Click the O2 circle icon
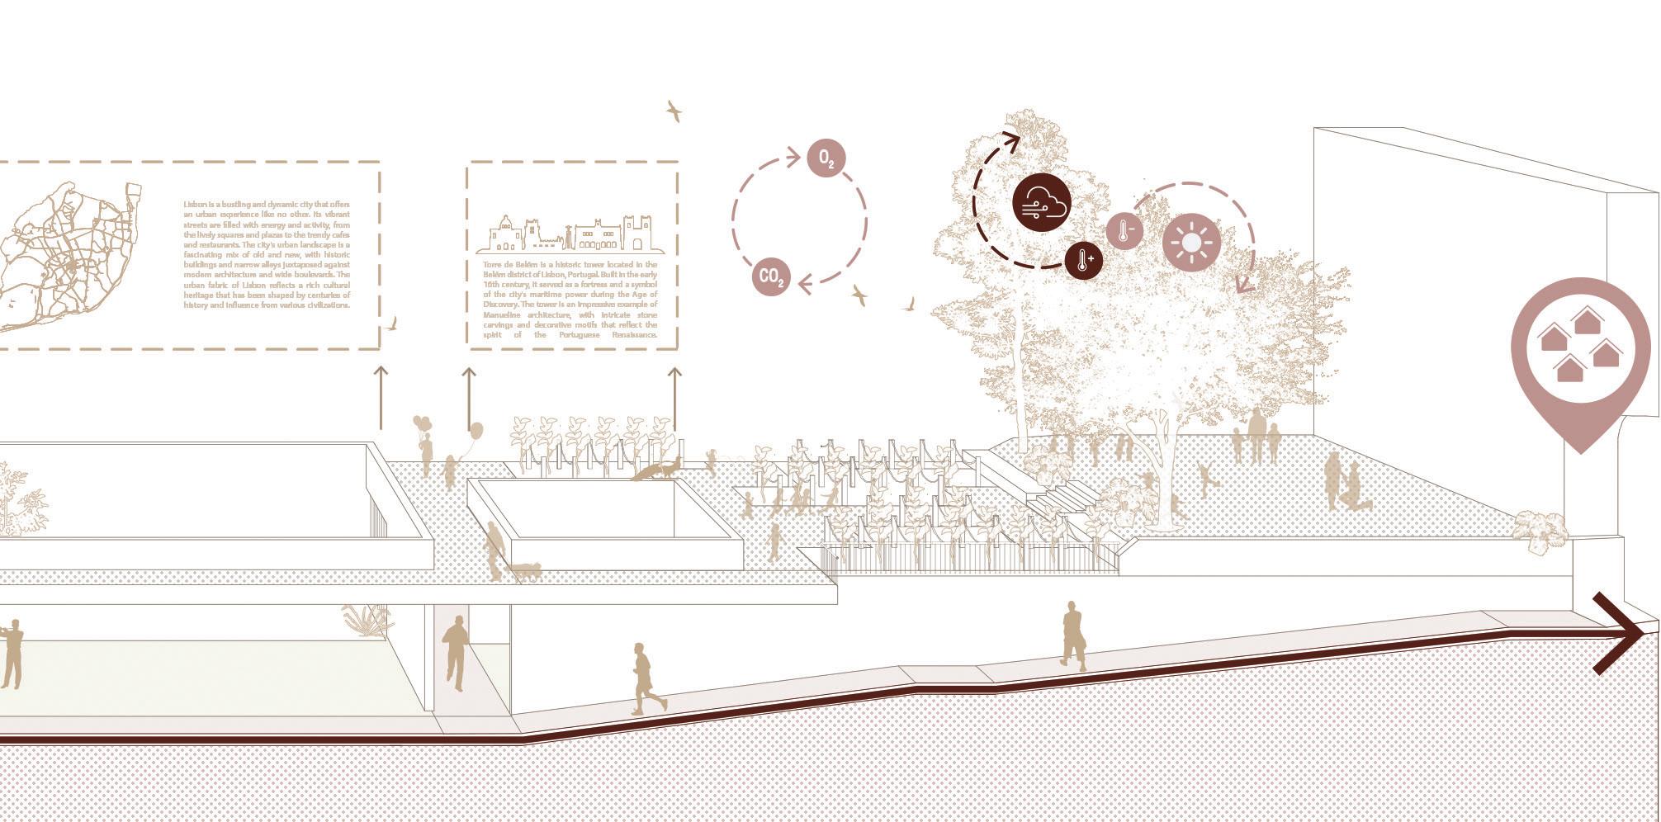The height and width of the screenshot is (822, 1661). [x=826, y=158]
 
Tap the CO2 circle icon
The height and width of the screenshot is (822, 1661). [x=771, y=276]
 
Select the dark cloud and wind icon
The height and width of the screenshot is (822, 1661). [x=1042, y=203]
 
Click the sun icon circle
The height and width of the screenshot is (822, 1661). [x=1191, y=243]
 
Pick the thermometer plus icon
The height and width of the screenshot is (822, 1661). [x=1084, y=260]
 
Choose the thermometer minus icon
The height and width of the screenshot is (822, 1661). [x=1124, y=231]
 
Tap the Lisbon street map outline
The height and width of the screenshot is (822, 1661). [x=66, y=256]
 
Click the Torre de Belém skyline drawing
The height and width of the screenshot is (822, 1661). [x=570, y=234]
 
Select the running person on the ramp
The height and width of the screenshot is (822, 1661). [x=646, y=678]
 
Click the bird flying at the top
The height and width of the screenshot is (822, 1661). [x=674, y=111]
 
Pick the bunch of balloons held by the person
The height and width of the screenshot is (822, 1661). [x=423, y=424]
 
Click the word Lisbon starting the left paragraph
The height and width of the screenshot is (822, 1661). [x=195, y=204]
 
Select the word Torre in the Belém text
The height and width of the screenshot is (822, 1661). [x=493, y=265]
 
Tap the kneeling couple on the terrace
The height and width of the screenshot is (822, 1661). [x=1346, y=487]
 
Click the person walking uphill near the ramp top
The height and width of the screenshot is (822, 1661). [x=1073, y=635]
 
